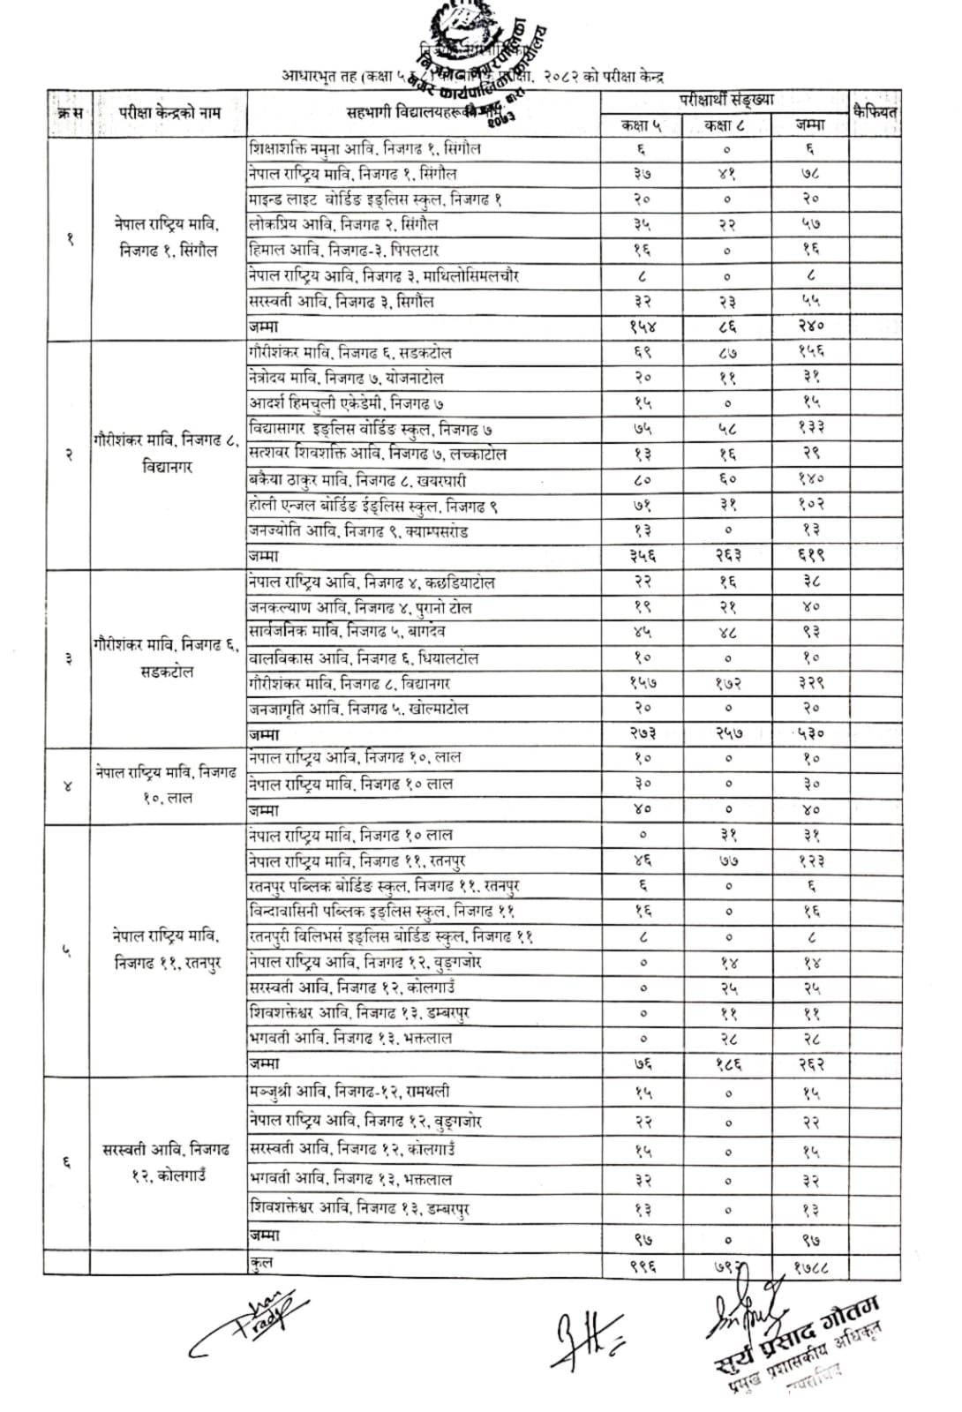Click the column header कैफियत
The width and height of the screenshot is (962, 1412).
[875, 112]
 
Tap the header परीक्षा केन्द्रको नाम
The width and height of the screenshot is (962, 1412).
[169, 113]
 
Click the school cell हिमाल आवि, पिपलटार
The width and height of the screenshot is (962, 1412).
[344, 251]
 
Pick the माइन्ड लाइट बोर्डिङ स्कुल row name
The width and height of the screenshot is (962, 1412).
[375, 199]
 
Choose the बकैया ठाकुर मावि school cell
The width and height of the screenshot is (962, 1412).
[357, 481]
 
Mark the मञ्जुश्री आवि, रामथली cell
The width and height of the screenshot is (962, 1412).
[349, 1093]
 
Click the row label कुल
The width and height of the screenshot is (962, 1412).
[261, 1264]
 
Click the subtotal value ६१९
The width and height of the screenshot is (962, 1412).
[809, 556]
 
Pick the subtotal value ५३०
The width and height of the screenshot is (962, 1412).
[809, 733]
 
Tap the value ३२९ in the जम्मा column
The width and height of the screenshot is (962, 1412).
[809, 683]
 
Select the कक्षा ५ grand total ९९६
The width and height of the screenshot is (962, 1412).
[643, 1267]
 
